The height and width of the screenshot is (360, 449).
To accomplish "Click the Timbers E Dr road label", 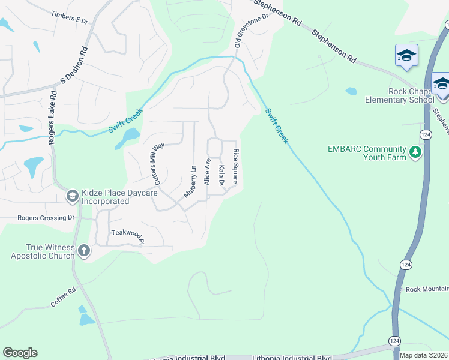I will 70,17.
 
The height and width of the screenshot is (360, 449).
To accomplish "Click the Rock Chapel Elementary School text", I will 399,95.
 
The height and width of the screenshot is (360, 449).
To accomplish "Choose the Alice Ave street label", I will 208,171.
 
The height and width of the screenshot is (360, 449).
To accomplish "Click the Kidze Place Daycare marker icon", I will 72,196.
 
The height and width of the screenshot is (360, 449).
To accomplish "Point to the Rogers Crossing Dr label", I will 46,218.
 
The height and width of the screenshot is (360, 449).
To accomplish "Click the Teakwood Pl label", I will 128,236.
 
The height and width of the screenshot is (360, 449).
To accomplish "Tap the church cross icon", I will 83,251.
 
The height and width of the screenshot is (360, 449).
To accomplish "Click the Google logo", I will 20,353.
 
